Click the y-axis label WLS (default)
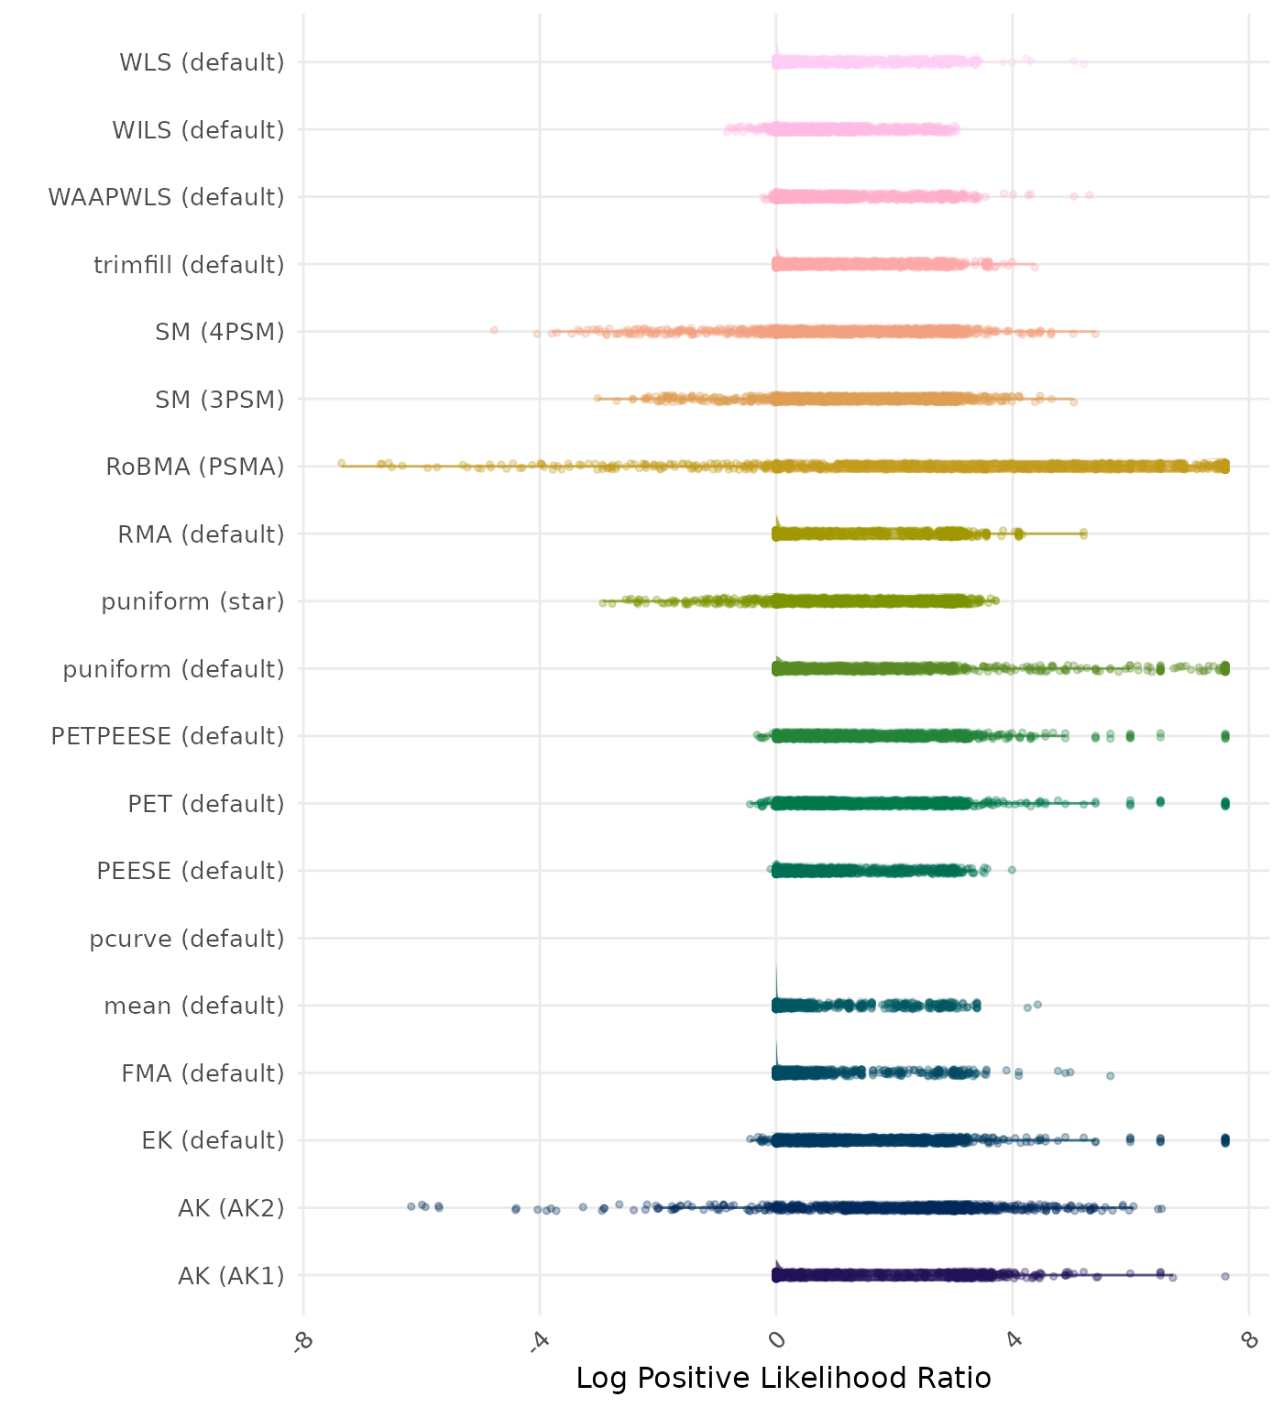point(202,62)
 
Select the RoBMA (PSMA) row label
point(194,467)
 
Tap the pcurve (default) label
point(187,939)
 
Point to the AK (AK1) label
point(231,1275)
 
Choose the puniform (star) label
point(192,601)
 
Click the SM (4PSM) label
point(220,332)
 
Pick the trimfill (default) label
point(189,265)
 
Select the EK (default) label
point(213,1140)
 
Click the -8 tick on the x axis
point(303,1341)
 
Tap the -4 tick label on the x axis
point(540,1341)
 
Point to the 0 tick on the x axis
point(777,1340)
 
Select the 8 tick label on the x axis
point(1248,1340)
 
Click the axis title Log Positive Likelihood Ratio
point(784,1378)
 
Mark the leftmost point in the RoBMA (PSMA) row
point(341,463)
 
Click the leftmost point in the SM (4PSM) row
point(494,330)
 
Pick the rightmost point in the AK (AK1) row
point(1225,1276)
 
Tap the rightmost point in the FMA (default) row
point(1110,1075)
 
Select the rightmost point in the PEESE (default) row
point(1012,870)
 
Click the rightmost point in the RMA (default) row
point(1083,533)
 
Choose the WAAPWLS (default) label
point(166,197)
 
